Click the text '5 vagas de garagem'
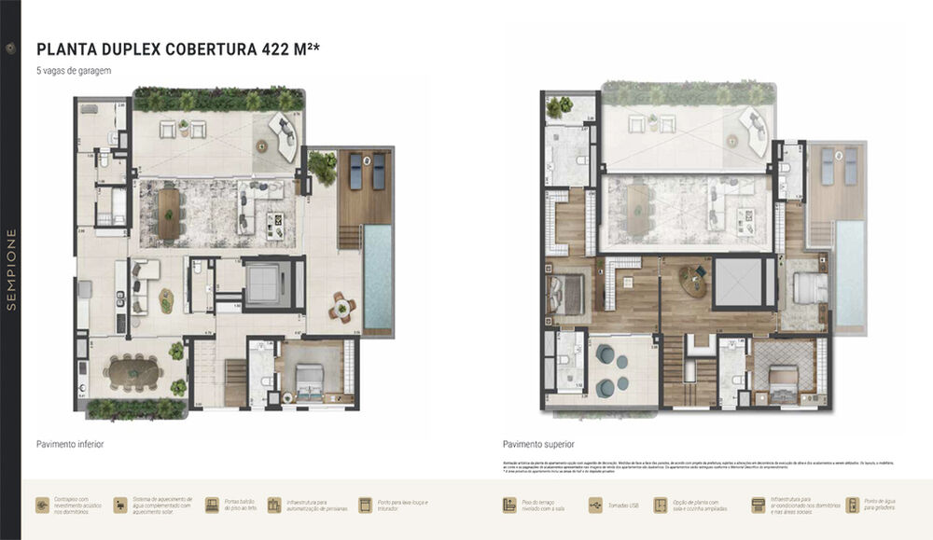[73, 72]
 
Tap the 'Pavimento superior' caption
[538, 445]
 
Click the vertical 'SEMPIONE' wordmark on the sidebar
[10, 270]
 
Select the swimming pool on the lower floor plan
[378, 275]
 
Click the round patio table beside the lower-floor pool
[342, 307]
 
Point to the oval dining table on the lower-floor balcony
[133, 373]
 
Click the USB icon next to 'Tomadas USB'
[594, 505]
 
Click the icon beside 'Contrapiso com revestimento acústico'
[43, 505]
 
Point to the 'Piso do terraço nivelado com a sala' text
[544, 505]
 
